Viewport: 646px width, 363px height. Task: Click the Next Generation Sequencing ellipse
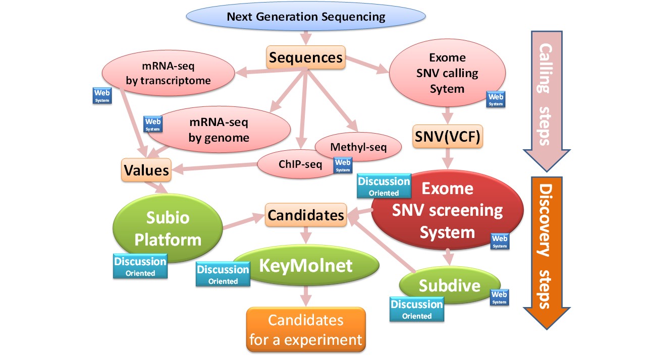[305, 17]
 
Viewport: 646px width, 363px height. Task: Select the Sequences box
[306, 57]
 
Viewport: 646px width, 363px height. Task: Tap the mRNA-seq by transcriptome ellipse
[169, 73]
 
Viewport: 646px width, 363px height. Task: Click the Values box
[146, 170]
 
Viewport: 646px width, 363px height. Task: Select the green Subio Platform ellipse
[168, 228]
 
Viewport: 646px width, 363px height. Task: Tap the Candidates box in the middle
[306, 215]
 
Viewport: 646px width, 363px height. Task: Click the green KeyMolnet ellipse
[305, 266]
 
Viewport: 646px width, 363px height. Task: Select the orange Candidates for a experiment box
[305, 330]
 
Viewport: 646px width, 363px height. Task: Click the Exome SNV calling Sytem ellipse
[447, 73]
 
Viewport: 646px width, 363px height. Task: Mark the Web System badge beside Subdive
[499, 297]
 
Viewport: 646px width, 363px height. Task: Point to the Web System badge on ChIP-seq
[343, 165]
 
